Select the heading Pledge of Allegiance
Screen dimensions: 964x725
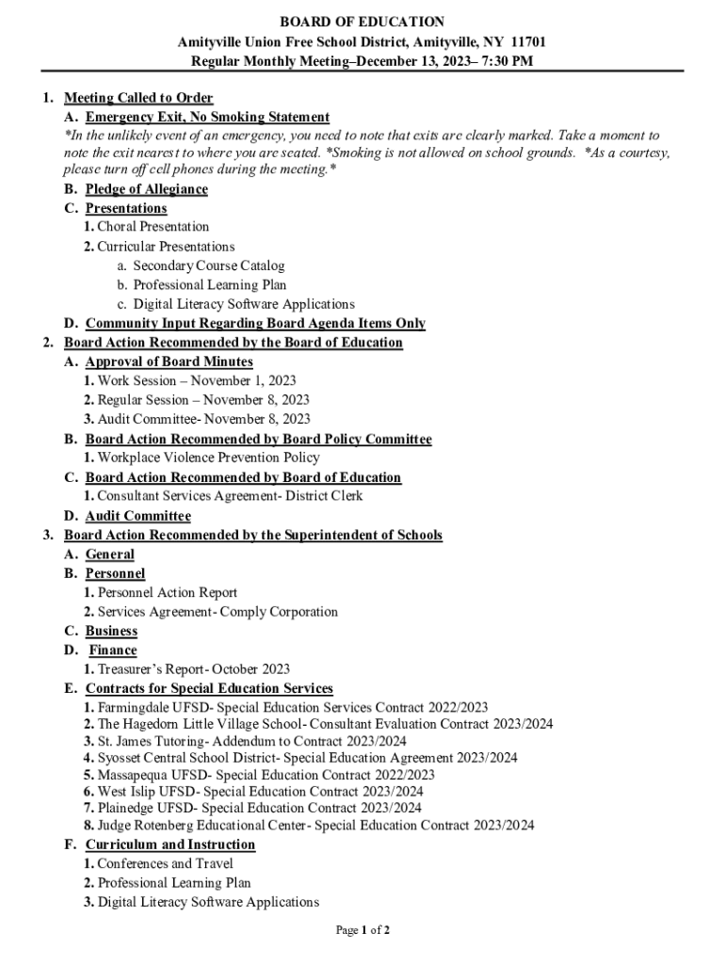(x=147, y=189)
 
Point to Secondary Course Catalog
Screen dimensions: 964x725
(x=208, y=266)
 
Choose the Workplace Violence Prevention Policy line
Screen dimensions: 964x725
(x=208, y=458)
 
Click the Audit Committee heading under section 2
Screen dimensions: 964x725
(x=137, y=516)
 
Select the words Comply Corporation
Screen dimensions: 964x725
(x=280, y=612)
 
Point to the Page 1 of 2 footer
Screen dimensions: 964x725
(x=362, y=931)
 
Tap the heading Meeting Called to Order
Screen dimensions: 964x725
(x=138, y=98)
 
